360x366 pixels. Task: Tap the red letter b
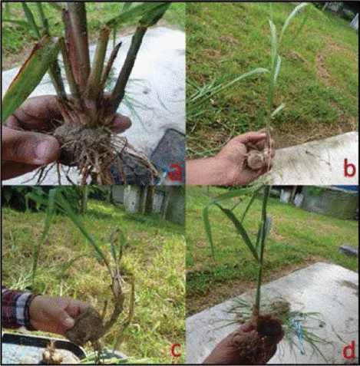(x=349, y=168)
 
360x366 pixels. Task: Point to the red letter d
(x=349, y=350)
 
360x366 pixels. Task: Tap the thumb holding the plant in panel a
(x=120, y=122)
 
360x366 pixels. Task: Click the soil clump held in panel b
(x=257, y=159)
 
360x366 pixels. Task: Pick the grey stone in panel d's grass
(x=348, y=251)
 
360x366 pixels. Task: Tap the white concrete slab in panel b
(x=313, y=160)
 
